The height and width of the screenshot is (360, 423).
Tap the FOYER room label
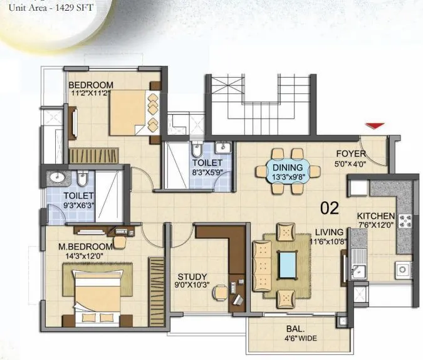pyautogui.click(x=351, y=154)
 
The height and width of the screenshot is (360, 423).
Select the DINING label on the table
pyautogui.click(x=288, y=167)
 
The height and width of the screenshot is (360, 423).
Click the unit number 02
pyautogui.click(x=330, y=208)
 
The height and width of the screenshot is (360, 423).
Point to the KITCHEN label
pyautogui.click(x=376, y=216)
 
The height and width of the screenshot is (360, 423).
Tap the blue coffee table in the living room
pyautogui.click(x=288, y=265)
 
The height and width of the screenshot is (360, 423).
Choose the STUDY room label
pyautogui.click(x=192, y=277)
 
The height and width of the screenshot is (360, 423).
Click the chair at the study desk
pyautogui.click(x=220, y=292)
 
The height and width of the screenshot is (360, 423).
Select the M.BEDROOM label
pyautogui.click(x=85, y=246)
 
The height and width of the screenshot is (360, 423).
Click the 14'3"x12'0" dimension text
pyautogui.click(x=85, y=256)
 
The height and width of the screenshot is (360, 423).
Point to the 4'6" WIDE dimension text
pyautogui.click(x=301, y=338)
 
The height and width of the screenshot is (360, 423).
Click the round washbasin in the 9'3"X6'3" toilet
pyautogui.click(x=57, y=177)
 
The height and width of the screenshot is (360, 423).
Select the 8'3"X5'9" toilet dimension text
pyautogui.click(x=207, y=172)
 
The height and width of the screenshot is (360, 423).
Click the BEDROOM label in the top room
pyautogui.click(x=91, y=85)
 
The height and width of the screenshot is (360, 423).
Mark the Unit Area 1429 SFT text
pyautogui.click(x=51, y=8)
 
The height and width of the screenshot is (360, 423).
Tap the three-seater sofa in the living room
pyautogui.click(x=262, y=267)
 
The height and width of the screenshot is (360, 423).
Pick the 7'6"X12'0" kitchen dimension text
pyautogui.click(x=376, y=225)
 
